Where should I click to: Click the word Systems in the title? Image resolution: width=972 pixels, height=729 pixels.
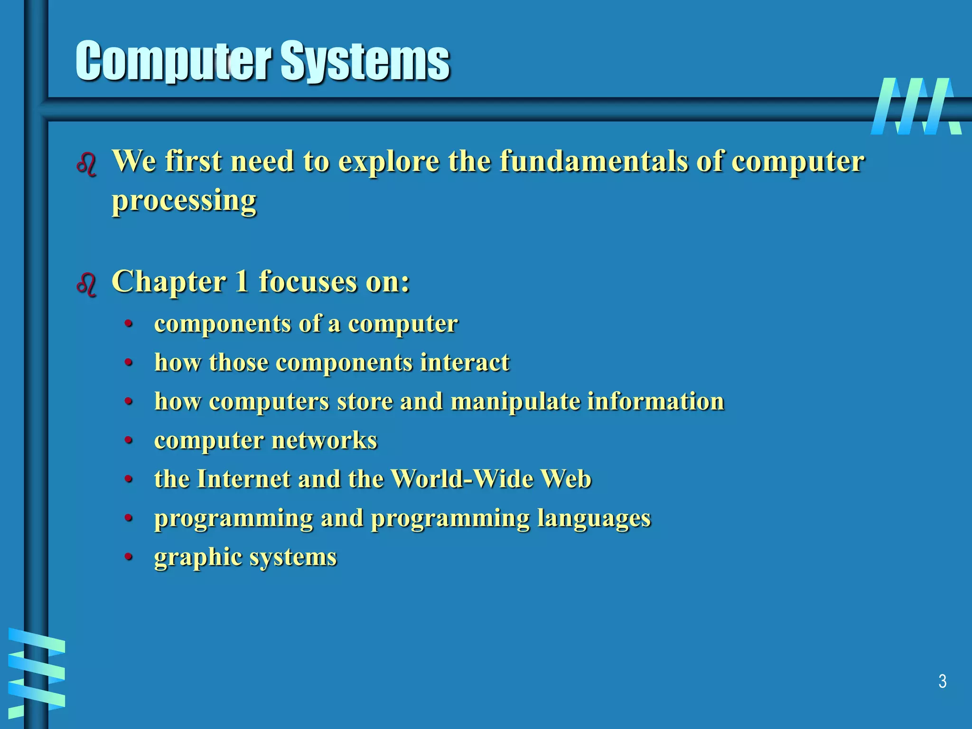pos(365,62)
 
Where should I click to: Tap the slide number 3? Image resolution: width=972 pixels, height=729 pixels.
pos(942,682)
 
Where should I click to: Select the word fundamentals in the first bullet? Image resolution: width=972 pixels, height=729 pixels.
pos(594,161)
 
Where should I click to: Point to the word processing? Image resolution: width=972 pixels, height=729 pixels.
pos(184,201)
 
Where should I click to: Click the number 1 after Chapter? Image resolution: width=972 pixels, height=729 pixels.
pos(242,281)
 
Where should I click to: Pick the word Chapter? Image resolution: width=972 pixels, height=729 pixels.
pos(169,282)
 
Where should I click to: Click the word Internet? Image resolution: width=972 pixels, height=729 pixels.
pos(243,478)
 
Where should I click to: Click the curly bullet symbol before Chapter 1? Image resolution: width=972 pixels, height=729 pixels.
pos(87,285)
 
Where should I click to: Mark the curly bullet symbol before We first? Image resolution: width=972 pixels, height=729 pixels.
pos(87,165)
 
